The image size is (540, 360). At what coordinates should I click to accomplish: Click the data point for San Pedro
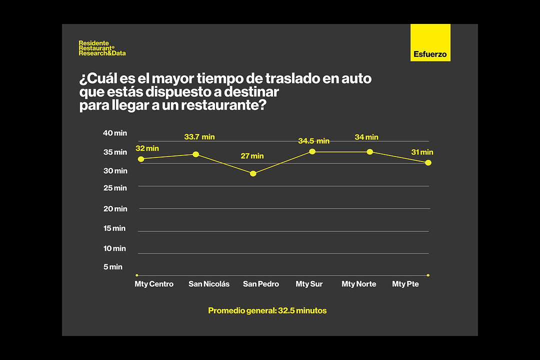[x=253, y=173]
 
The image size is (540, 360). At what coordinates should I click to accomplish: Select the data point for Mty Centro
[x=141, y=159]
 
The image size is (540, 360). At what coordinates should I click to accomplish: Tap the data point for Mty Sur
[x=312, y=151]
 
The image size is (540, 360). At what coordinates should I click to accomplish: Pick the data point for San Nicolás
[x=196, y=154]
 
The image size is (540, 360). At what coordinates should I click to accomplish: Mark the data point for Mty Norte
[x=370, y=151]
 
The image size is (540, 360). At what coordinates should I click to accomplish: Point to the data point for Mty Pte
[x=428, y=162]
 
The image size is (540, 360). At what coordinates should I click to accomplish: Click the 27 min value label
[x=252, y=156]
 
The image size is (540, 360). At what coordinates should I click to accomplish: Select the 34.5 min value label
[x=313, y=141]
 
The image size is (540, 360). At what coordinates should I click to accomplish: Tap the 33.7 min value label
[x=199, y=137]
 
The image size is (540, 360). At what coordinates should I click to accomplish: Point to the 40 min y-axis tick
[x=115, y=133]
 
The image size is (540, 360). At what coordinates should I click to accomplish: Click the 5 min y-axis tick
[x=113, y=267]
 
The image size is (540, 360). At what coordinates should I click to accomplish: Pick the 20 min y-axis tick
[x=115, y=209]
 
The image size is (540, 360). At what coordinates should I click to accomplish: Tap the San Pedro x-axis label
[x=261, y=284]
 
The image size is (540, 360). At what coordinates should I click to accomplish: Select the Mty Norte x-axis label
[x=358, y=284]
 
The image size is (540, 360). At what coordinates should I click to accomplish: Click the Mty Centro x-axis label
[x=154, y=284]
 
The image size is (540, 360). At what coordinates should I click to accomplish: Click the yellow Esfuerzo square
[x=430, y=43]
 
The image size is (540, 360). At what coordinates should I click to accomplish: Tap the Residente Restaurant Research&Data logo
[x=102, y=48]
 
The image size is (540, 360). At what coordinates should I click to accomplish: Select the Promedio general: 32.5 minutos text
[x=267, y=310]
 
